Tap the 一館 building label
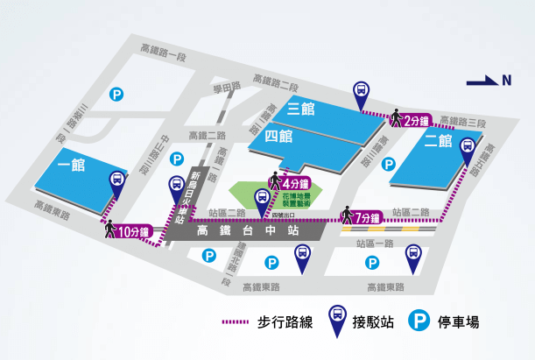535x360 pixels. (x=70, y=165)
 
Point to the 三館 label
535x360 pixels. (x=300, y=109)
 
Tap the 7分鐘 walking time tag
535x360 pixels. (x=368, y=217)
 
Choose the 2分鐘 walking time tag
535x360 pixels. (x=418, y=121)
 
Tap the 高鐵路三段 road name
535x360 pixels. (x=462, y=122)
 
